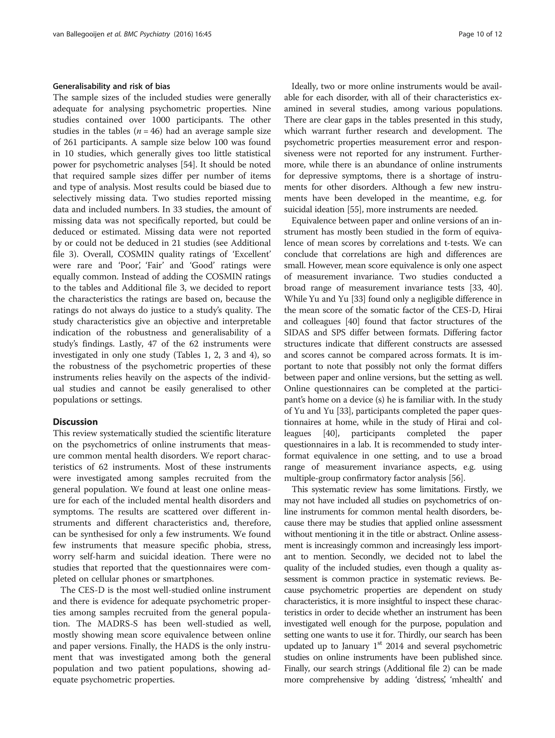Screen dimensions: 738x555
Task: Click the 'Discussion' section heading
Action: tap(75, 422)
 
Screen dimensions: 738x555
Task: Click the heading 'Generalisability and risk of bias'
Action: tap(111, 87)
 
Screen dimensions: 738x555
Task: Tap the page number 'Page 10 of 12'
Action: tap(480, 34)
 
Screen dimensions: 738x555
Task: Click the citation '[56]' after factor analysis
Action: tap(456, 478)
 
